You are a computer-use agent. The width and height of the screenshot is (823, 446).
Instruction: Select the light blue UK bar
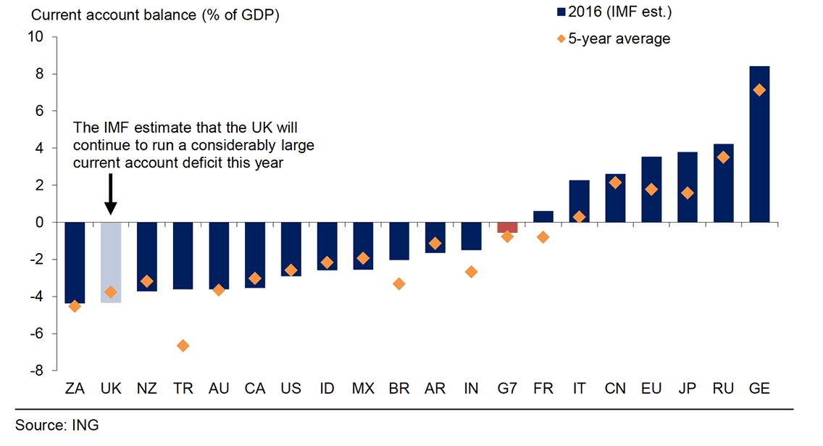[x=110, y=262]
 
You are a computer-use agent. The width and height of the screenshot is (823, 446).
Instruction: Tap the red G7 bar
[x=507, y=227]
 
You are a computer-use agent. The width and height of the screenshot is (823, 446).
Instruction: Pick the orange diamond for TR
[x=183, y=346]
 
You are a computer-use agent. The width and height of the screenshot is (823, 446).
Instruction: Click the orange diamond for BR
[x=398, y=284]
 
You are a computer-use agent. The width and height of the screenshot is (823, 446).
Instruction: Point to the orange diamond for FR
[x=543, y=237]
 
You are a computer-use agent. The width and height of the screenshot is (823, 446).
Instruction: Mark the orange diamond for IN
[x=471, y=272]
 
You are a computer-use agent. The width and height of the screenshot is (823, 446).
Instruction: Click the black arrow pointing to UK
[x=110, y=193]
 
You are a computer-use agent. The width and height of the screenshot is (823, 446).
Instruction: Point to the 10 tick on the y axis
[x=37, y=37]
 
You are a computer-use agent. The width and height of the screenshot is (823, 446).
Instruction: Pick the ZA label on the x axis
[x=75, y=389]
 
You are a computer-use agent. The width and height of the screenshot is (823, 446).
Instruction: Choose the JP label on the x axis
[x=687, y=389]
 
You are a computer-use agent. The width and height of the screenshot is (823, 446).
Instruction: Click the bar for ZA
[x=75, y=262]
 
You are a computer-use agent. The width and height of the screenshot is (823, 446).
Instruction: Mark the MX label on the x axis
[x=362, y=389]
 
